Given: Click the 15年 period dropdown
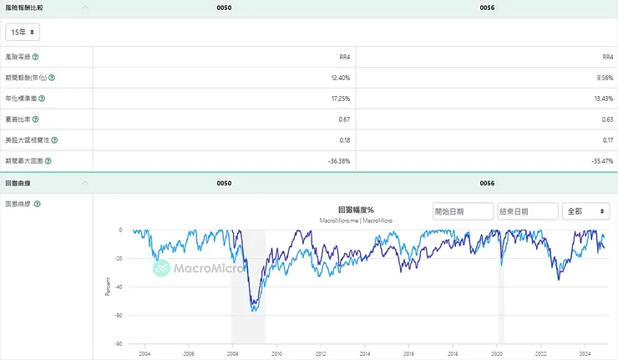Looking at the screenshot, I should tap(23, 32).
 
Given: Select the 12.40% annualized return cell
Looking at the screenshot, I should tap(339, 77).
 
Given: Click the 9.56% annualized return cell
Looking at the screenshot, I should tap(603, 77).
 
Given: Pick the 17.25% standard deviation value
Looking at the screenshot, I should tap(339, 98).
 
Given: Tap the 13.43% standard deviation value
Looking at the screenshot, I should tap(603, 98).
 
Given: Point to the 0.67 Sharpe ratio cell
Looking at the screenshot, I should tap(342, 119).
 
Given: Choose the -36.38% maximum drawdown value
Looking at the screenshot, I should tap(337, 160).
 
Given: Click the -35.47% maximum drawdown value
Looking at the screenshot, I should tap(600, 160).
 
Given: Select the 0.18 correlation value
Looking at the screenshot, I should tap(342, 139).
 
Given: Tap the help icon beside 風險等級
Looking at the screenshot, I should tap(36, 56).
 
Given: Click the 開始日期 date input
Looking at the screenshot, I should tap(462, 211).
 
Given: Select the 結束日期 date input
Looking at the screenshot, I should tap(527, 211).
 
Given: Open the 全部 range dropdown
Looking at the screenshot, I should tap(585, 211).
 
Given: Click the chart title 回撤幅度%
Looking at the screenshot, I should tap(356, 210).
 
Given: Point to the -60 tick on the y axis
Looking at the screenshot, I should tap(120, 315).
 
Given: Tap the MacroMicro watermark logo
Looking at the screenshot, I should tap(185, 268).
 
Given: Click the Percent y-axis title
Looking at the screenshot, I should tap(107, 286).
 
